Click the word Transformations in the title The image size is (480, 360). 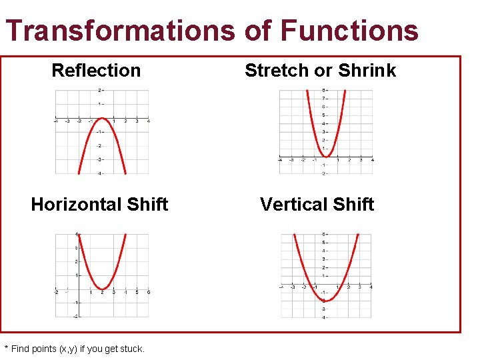click(120, 31)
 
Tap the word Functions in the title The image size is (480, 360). click(349, 31)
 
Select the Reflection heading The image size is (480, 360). click(96, 70)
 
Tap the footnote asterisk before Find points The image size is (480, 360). click(7, 348)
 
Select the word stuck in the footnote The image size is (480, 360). click(131, 349)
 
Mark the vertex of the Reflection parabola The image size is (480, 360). click(102, 119)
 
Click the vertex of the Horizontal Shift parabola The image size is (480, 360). click(102, 288)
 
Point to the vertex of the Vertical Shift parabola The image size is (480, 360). click(326, 301)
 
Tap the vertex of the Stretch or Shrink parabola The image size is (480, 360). click(326, 156)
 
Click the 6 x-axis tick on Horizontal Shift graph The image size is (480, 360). click(148, 293)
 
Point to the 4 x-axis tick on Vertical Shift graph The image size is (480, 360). click(371, 287)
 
